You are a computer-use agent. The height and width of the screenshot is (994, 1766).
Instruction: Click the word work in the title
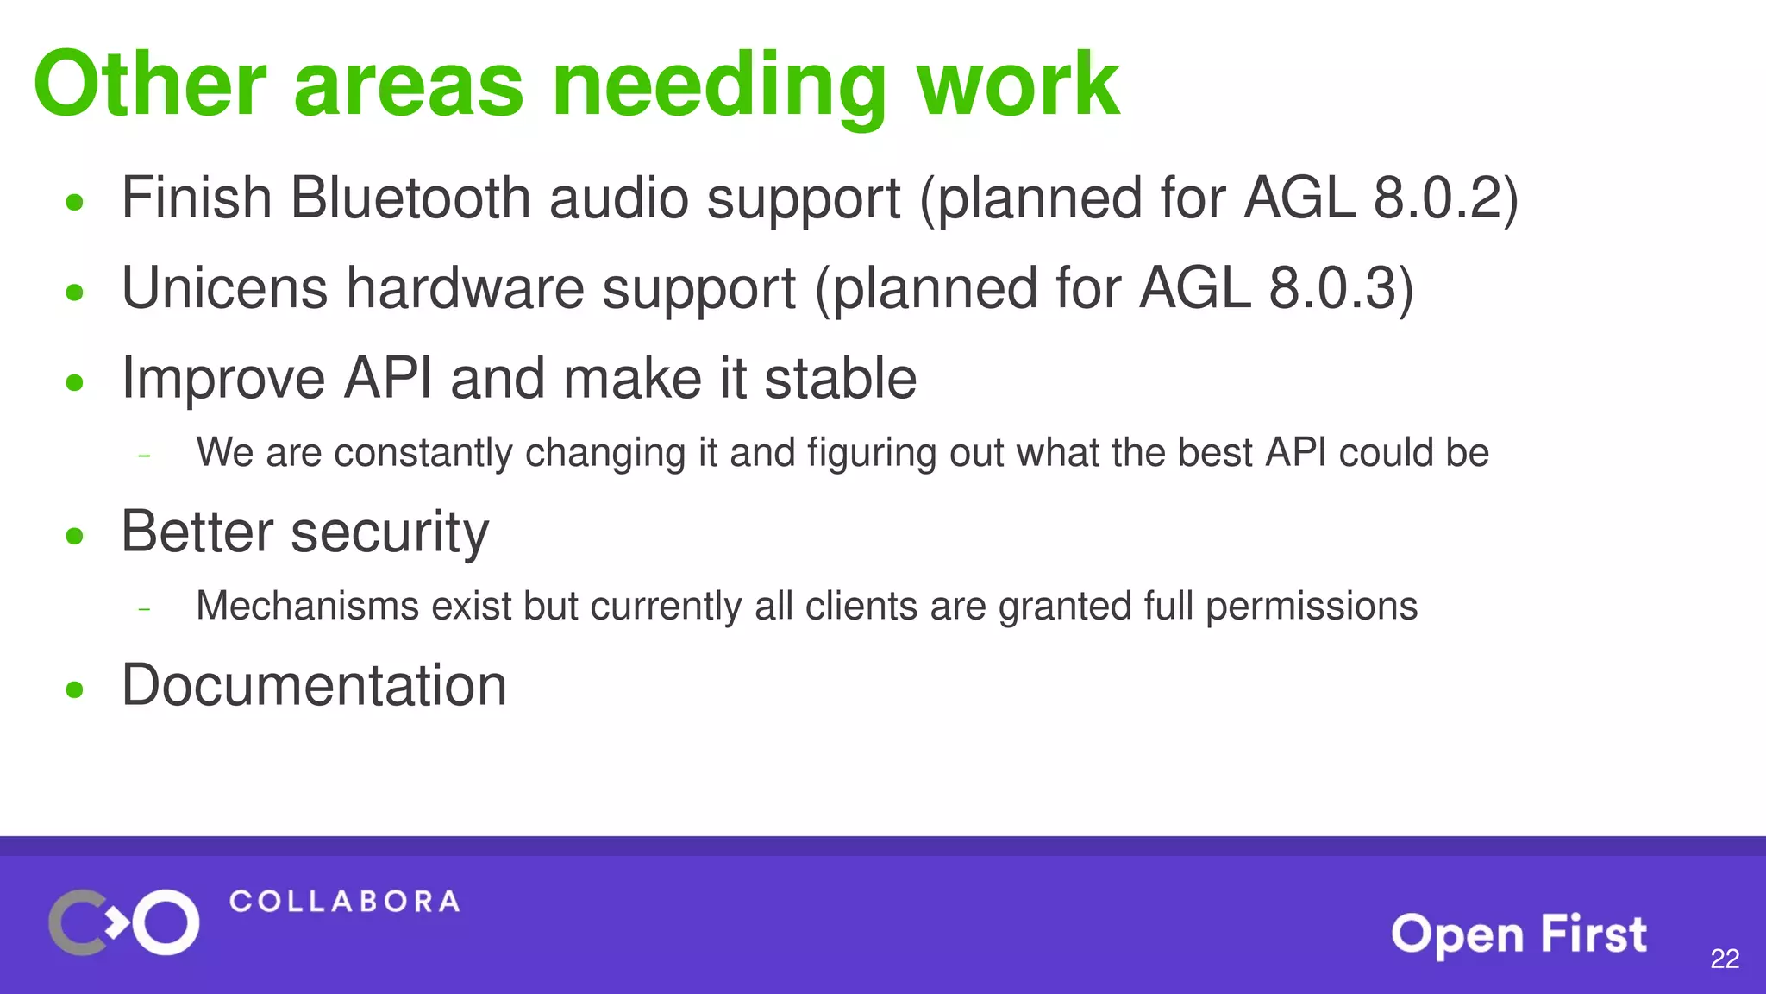point(1018,85)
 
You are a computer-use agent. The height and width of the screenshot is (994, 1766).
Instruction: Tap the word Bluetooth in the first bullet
point(410,198)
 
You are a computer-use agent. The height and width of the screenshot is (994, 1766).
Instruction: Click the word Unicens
point(224,288)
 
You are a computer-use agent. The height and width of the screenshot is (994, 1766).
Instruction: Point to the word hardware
point(465,288)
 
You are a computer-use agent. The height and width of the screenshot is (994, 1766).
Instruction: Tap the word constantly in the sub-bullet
point(423,453)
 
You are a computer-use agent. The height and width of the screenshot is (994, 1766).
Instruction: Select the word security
point(390,532)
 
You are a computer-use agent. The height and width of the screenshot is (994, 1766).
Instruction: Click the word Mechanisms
point(307,606)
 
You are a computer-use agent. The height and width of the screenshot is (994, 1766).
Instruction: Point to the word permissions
point(1311,606)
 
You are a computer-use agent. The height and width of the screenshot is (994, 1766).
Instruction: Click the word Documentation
point(314,685)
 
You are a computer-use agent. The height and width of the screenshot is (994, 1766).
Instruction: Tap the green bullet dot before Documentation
point(75,689)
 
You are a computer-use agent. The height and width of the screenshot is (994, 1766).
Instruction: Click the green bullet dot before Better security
point(75,536)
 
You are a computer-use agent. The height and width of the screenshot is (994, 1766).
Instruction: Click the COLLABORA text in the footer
point(344,902)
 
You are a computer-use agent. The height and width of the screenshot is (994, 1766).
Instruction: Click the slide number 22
point(1724,959)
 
